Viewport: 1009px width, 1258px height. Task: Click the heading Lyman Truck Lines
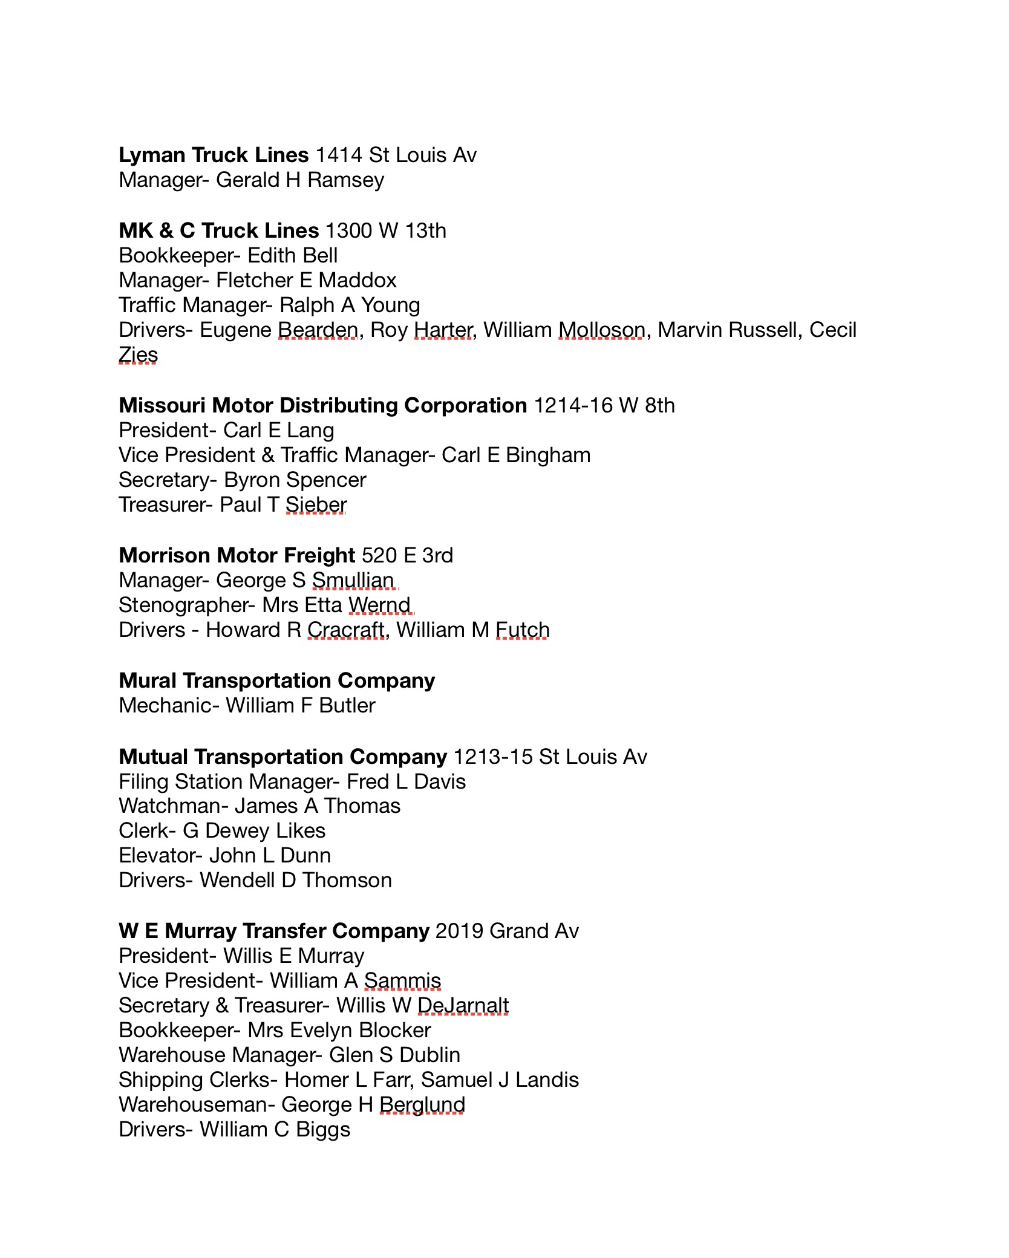click(214, 155)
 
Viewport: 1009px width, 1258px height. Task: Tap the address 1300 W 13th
click(385, 231)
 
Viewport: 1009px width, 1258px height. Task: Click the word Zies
click(138, 355)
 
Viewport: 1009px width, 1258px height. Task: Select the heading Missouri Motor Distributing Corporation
click(322, 405)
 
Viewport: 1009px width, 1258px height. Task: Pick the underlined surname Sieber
click(316, 505)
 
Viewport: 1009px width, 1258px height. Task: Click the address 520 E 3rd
click(407, 555)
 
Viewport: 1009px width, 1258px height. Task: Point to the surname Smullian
click(353, 581)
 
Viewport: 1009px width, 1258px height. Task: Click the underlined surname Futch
click(522, 630)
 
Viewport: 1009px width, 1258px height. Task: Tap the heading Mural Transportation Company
click(276, 681)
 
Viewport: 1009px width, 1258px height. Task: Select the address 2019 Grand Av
click(507, 931)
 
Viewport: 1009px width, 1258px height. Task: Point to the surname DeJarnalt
click(463, 1005)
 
